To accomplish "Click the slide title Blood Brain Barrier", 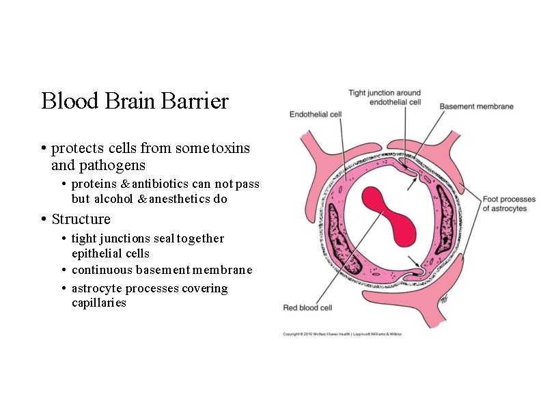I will pyautogui.click(x=135, y=102).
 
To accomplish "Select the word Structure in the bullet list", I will pyautogui.click(x=81, y=219).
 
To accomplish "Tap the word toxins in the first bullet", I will pyautogui.click(x=231, y=148).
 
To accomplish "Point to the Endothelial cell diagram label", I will pyautogui.click(x=315, y=115).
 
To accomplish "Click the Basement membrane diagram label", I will pyautogui.click(x=476, y=107).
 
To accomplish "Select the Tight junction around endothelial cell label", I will pyautogui.click(x=385, y=97).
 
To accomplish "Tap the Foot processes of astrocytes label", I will pyautogui.click(x=509, y=204).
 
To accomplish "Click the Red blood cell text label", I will pyautogui.click(x=307, y=308).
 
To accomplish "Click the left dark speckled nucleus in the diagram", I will pyautogui.click(x=335, y=232).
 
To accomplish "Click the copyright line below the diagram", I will pyautogui.click(x=342, y=334).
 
